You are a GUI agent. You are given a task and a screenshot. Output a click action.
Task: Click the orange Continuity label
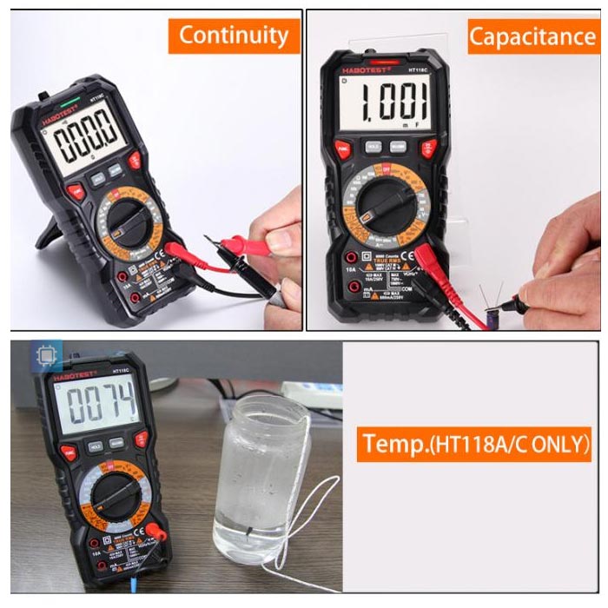tap(234, 36)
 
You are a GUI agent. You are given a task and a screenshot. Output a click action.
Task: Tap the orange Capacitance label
tap(532, 36)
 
